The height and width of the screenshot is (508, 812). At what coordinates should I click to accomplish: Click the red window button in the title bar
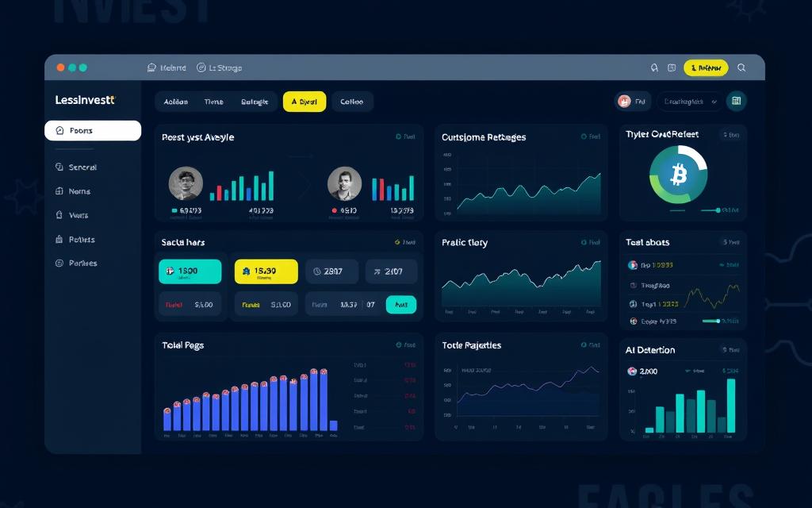click(60, 68)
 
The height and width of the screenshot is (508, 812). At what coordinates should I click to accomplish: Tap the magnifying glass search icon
click(741, 68)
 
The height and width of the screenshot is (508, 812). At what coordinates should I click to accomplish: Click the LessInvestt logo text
click(85, 100)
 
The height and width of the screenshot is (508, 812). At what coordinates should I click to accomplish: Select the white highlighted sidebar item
click(93, 131)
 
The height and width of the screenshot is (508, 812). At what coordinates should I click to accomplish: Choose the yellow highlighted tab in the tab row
click(304, 102)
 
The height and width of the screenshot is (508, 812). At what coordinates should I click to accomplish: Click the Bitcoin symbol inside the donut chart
click(678, 175)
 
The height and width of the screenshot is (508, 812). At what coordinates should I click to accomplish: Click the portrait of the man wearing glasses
click(186, 183)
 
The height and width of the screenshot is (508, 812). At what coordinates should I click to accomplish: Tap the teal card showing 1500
click(190, 271)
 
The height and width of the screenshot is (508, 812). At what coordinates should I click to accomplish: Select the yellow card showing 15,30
click(266, 271)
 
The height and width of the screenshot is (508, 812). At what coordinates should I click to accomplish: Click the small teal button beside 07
click(400, 304)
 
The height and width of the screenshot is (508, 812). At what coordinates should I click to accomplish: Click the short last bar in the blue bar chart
click(333, 425)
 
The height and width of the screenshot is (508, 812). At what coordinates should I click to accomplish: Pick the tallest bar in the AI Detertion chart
click(730, 405)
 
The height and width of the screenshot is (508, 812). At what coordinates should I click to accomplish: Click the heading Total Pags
click(182, 345)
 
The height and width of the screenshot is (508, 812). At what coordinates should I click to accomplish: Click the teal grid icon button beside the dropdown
click(736, 101)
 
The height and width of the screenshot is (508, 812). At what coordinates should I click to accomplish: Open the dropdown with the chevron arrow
click(689, 102)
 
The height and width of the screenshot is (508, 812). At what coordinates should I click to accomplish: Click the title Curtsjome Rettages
click(483, 137)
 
